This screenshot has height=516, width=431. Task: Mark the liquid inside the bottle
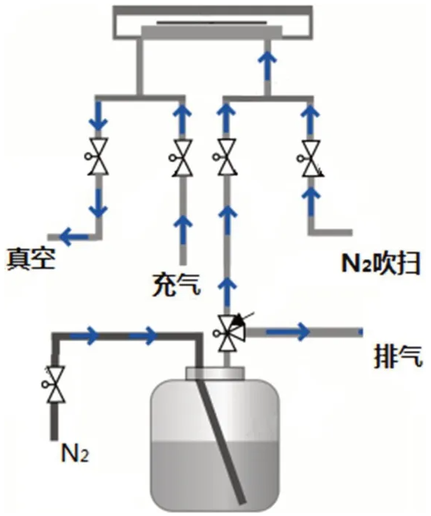tap(215, 470)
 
